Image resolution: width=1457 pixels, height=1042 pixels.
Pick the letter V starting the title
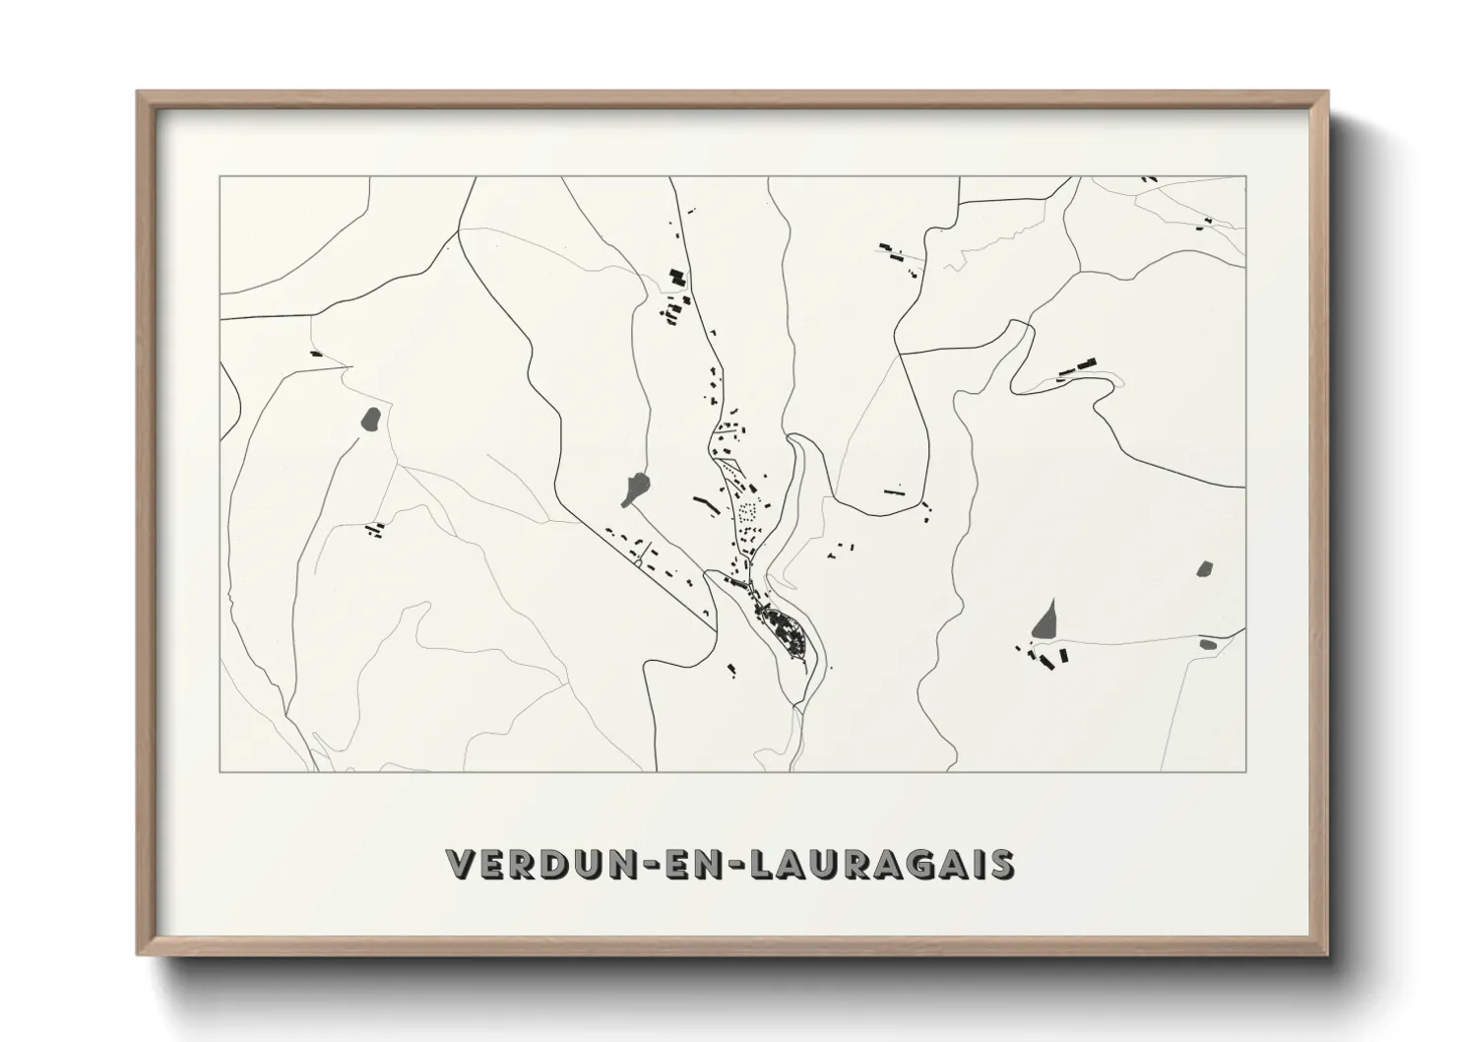(461, 864)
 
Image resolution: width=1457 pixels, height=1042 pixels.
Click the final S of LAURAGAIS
(1001, 864)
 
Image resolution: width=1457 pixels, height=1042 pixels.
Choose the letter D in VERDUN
(554, 864)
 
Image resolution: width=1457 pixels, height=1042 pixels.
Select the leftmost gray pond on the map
(372, 421)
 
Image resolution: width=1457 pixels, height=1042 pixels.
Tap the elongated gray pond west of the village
(635, 488)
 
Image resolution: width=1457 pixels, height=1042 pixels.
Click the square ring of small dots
(748, 512)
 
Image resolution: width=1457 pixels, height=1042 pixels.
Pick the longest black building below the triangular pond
(1061, 656)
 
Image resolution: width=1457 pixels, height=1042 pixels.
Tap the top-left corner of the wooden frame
(139, 93)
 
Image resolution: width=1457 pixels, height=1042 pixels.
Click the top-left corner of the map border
(220, 176)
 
